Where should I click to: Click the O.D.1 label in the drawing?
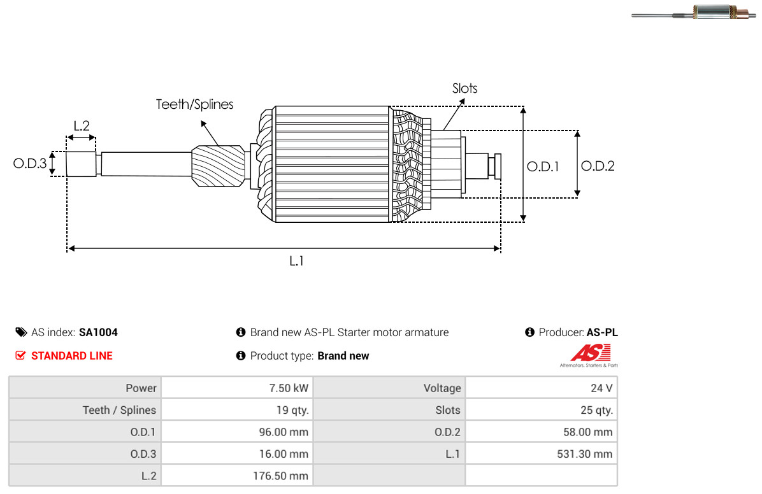pyautogui.click(x=543, y=167)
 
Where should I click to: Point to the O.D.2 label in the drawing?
pyautogui.click(x=598, y=166)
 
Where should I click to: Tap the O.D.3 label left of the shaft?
pyautogui.click(x=30, y=163)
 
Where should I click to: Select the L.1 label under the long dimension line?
pyautogui.click(x=296, y=262)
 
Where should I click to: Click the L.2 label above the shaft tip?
pyautogui.click(x=82, y=126)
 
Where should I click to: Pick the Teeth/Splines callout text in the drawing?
pyautogui.click(x=194, y=104)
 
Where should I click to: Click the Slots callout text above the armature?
pyautogui.click(x=464, y=88)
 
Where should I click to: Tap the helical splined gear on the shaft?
pyautogui.click(x=218, y=166)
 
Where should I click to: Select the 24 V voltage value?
pyautogui.click(x=601, y=388)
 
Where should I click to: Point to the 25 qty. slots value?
pyautogui.click(x=597, y=410)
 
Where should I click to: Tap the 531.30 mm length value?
pyautogui.click(x=585, y=454)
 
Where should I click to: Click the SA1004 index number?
pyautogui.click(x=98, y=332)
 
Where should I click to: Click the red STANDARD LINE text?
pyautogui.click(x=72, y=356)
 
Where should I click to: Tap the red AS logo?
pyautogui.click(x=590, y=353)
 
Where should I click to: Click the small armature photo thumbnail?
pyautogui.click(x=694, y=12)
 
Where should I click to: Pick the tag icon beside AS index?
pyautogui.click(x=21, y=332)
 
